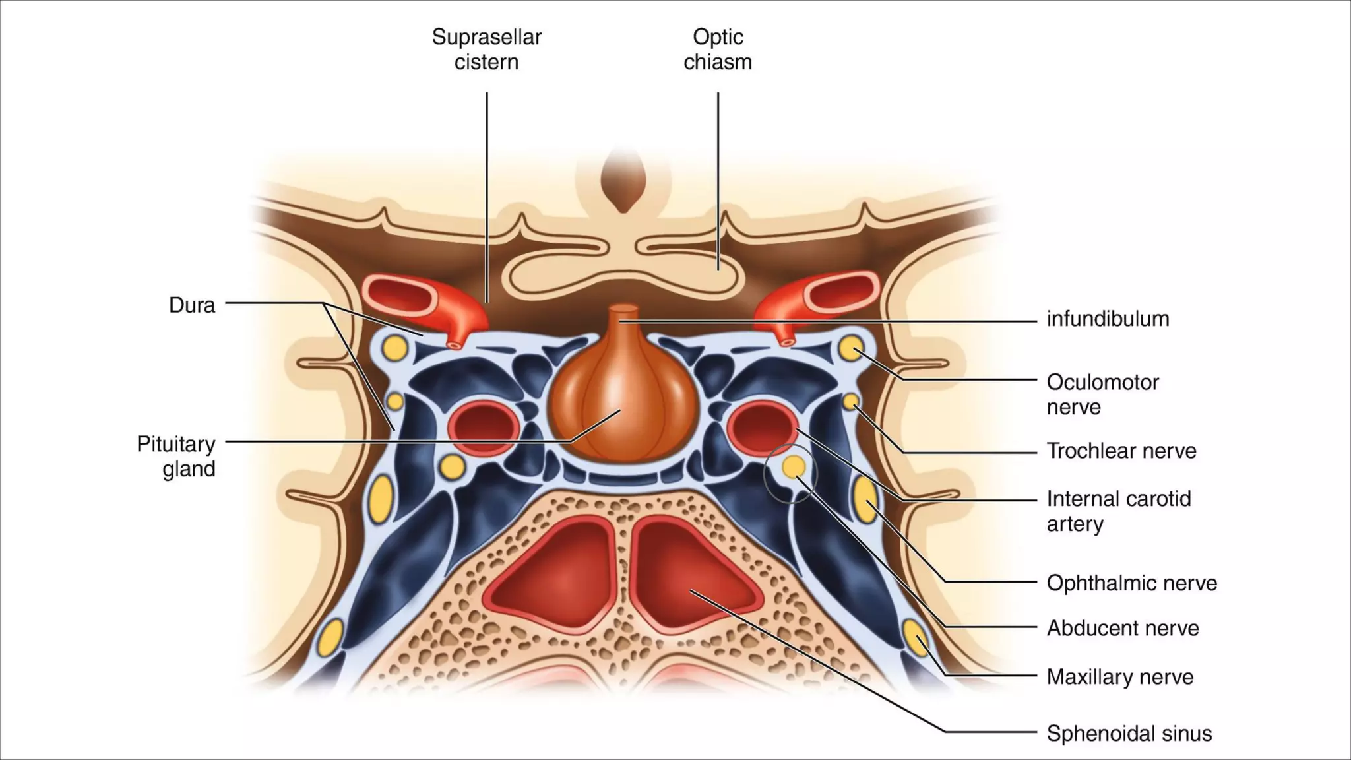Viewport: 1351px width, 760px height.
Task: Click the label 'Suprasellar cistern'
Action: (486, 49)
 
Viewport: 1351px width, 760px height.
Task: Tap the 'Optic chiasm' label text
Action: (717, 49)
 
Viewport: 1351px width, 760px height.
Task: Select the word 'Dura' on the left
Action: (192, 305)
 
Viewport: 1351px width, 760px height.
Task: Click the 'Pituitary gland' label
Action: (176, 457)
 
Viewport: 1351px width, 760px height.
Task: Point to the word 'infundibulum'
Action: (1108, 319)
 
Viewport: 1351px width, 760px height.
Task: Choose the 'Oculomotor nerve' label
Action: (1102, 395)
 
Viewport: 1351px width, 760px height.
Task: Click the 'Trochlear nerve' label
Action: (1121, 451)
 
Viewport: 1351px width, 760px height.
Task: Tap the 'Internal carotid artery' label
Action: (1118, 511)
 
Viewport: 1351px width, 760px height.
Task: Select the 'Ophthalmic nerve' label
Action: (1131, 583)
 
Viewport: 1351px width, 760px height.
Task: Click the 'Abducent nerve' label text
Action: (1122, 628)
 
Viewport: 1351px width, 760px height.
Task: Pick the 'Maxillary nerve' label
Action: (1119, 677)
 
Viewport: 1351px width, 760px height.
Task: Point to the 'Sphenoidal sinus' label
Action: (1129, 734)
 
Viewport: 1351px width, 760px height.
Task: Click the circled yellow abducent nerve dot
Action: (793, 466)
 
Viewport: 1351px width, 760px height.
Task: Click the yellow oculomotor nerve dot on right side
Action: (851, 348)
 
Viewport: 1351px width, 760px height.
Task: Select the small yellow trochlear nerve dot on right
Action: (851, 400)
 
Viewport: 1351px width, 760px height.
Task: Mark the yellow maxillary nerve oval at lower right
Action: (915, 637)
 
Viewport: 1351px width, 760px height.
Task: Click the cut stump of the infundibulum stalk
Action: (623, 309)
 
